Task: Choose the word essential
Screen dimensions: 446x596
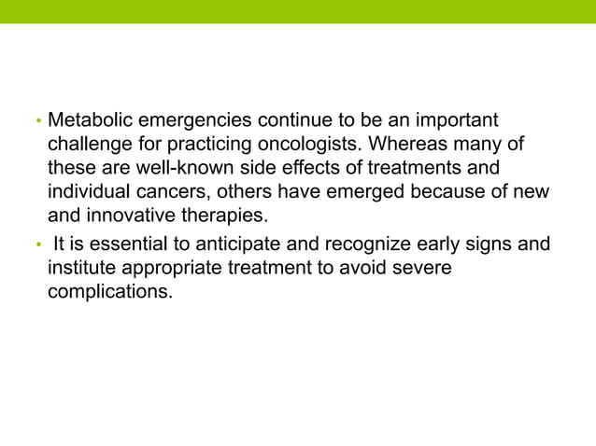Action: click(x=134, y=245)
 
